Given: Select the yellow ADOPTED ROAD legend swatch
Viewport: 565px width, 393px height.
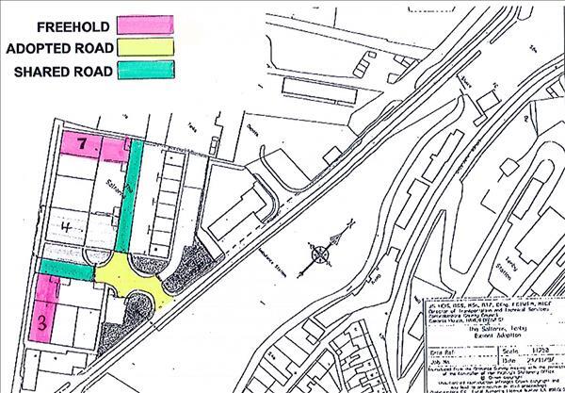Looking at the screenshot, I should click(x=147, y=47).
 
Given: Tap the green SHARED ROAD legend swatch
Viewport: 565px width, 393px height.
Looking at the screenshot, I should click(x=147, y=70).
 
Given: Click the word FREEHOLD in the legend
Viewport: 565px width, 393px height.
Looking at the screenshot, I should click(x=71, y=25).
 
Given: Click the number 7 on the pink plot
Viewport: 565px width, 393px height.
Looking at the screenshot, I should click(x=82, y=144).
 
